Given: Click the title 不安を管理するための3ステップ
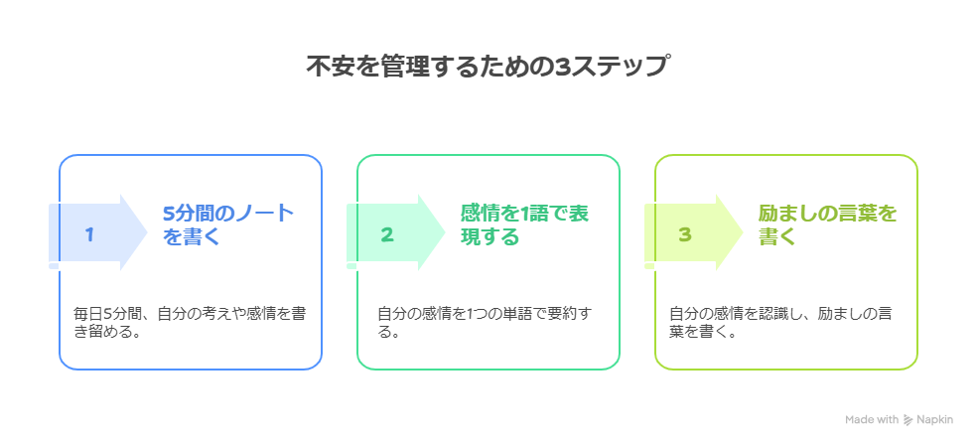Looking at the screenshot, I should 488,68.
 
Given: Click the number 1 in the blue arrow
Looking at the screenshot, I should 89,234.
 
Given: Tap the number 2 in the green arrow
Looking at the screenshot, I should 387,234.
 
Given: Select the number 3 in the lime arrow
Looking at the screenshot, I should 684,234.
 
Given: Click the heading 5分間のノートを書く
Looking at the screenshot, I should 227,224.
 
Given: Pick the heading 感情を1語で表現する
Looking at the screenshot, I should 525,224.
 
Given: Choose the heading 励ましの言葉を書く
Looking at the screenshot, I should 826,224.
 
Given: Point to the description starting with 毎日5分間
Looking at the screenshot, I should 190,323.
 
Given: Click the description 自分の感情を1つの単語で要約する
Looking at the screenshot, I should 484,323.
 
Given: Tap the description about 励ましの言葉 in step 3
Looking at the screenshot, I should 779,323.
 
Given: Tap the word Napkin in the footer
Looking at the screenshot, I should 934,420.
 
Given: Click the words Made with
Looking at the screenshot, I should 872,420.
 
